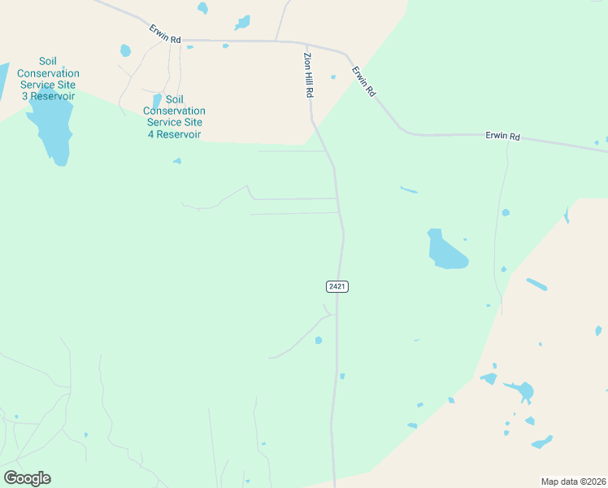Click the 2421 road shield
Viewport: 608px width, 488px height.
pyautogui.click(x=337, y=286)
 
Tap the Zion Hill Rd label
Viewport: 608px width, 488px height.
pyautogui.click(x=308, y=76)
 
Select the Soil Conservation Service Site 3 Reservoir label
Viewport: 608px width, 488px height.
pyautogui.click(x=49, y=79)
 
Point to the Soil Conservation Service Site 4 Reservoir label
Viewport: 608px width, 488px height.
pyautogui.click(x=174, y=122)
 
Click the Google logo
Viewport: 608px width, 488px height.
pyautogui.click(x=27, y=478)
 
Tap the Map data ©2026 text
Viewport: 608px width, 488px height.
pyautogui.click(x=573, y=481)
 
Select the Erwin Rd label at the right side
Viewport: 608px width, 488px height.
pyautogui.click(x=502, y=136)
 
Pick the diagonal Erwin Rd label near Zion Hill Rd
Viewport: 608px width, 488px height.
pyautogui.click(x=363, y=82)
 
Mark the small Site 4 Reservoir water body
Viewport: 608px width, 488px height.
pyautogui.click(x=157, y=100)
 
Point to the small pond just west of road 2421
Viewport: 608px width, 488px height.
pyautogui.click(x=319, y=340)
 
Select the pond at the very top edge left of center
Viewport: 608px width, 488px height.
pyautogui.click(x=202, y=8)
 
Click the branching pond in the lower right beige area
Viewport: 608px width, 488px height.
pyautogui.click(x=521, y=390)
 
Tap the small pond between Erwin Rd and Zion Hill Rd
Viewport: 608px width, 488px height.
pyautogui.click(x=332, y=77)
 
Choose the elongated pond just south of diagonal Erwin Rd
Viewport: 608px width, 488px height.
pyautogui.click(x=409, y=191)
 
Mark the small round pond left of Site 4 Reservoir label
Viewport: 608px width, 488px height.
pyautogui.click(x=125, y=50)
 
